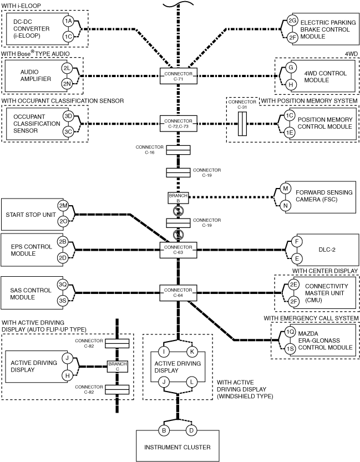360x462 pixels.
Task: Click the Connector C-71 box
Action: tap(178, 76)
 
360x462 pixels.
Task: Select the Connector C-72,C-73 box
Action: tap(178, 124)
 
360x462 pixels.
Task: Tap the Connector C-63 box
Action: tap(178, 250)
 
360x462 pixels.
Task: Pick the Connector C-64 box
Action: tap(178, 293)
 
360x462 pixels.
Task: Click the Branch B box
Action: tap(178, 198)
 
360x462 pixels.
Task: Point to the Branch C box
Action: tap(117, 367)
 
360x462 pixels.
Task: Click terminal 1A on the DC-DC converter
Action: tap(68, 21)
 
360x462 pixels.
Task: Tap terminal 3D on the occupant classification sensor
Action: tap(68, 116)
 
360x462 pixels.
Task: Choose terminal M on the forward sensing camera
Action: tap(285, 188)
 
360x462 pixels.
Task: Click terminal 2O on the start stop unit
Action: tap(63, 222)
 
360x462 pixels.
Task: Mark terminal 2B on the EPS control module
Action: tap(63, 242)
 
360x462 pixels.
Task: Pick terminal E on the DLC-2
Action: tap(297, 258)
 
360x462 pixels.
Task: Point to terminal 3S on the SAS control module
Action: tap(63, 301)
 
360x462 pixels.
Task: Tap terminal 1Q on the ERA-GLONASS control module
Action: tap(290, 332)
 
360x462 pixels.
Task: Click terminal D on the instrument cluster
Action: tap(191, 430)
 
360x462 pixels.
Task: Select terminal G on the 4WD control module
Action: tap(291, 68)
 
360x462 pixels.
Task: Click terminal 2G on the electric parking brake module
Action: tap(292, 21)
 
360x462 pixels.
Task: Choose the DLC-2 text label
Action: tap(327, 250)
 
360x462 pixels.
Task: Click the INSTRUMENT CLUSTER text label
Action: tap(178, 447)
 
